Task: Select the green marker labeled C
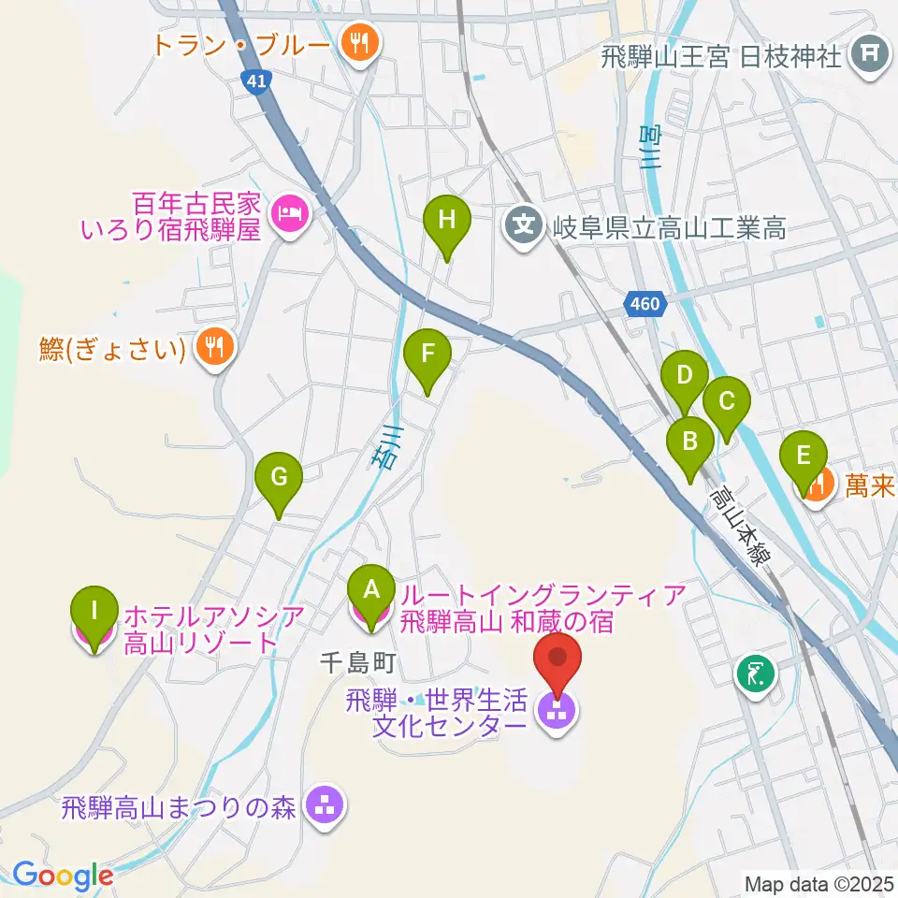point(727,403)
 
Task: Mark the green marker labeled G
point(279,480)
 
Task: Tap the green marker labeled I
point(94,614)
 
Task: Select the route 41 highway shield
point(255,83)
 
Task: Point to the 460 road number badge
point(644,304)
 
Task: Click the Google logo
point(62,876)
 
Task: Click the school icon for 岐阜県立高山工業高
point(525,224)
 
